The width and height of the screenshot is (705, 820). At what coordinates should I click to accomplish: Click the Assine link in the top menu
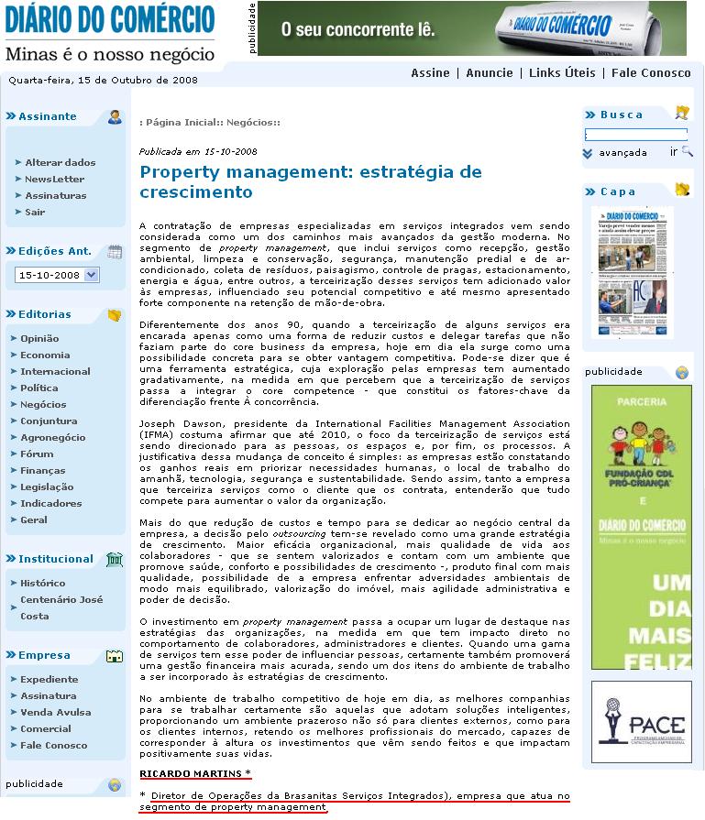[x=430, y=73]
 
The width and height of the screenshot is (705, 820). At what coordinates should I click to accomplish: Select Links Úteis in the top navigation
[x=562, y=73]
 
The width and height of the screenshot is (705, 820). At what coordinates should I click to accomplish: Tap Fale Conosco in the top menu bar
[x=651, y=73]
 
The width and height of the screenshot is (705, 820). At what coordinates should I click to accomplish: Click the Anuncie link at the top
[x=490, y=73]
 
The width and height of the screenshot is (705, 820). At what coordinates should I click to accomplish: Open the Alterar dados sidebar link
[x=60, y=162]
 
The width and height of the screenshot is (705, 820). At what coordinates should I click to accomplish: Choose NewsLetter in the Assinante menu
[x=54, y=179]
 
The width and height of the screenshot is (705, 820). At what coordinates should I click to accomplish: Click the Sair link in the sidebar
[x=35, y=212]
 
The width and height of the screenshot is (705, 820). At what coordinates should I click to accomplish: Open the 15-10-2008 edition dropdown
[x=57, y=275]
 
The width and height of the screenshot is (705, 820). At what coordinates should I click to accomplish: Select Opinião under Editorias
[x=39, y=338]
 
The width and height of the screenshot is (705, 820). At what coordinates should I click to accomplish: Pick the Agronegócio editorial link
[x=53, y=437]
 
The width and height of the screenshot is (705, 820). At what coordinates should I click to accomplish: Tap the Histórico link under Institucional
[x=43, y=583]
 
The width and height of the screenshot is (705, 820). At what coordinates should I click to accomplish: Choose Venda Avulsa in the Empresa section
[x=55, y=712]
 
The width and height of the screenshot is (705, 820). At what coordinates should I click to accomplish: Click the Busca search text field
[x=635, y=135]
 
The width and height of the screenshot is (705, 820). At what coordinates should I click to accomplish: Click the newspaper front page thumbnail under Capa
[x=632, y=272]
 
